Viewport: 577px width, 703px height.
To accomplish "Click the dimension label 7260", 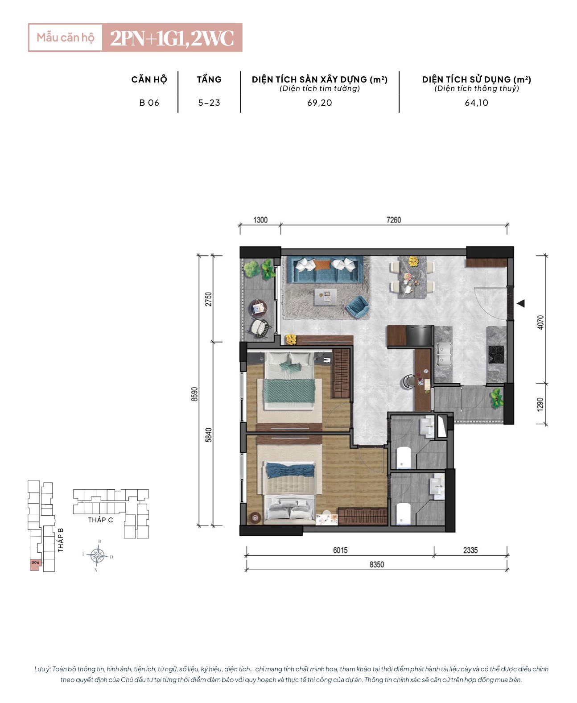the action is [393, 220].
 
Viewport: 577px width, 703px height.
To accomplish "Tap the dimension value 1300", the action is [260, 220].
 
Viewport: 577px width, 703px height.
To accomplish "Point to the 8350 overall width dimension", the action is [376, 564].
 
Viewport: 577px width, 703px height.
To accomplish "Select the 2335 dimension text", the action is [470, 550].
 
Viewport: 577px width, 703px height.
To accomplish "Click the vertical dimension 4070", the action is [540, 323].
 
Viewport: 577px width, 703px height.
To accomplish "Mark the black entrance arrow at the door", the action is [521, 303].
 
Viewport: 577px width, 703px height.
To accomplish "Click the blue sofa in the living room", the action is [325, 269].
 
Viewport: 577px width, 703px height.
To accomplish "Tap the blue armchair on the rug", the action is [358, 306].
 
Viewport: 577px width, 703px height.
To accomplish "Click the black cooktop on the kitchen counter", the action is [496, 354].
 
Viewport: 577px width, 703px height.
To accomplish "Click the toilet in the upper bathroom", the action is [404, 458].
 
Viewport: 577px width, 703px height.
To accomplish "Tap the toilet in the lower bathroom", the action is [404, 513].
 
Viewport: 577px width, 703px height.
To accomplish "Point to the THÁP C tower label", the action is [100, 520].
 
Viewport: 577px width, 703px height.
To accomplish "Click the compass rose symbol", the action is [97, 556].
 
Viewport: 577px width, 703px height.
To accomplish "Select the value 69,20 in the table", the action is [319, 103].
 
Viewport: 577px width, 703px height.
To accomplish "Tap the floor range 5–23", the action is [209, 103].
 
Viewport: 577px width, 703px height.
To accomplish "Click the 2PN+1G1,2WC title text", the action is [172, 38].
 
